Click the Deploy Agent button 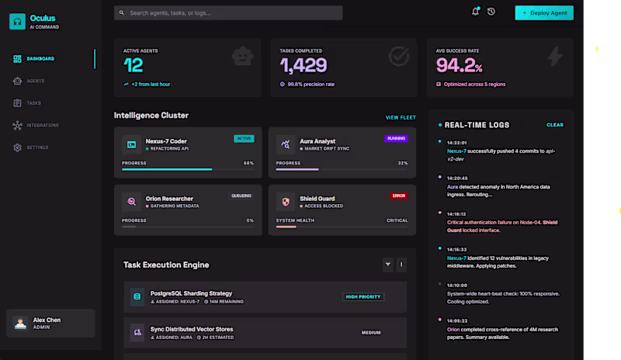[x=544, y=12]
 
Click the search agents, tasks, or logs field [x=228, y=13]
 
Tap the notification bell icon [x=475, y=12]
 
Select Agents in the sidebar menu [x=35, y=81]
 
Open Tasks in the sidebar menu [x=33, y=102]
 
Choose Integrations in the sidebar [x=42, y=125]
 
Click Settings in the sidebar [x=37, y=147]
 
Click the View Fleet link [x=401, y=118]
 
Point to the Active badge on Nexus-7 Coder [x=244, y=138]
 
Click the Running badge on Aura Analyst [x=396, y=138]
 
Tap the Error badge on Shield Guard [x=398, y=196]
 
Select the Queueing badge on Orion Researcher [x=241, y=196]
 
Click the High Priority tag [x=363, y=296]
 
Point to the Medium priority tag [x=371, y=332]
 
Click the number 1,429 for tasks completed [x=304, y=66]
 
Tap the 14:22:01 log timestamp [x=457, y=143]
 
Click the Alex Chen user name [x=48, y=320]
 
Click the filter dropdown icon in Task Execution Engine [x=388, y=265]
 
